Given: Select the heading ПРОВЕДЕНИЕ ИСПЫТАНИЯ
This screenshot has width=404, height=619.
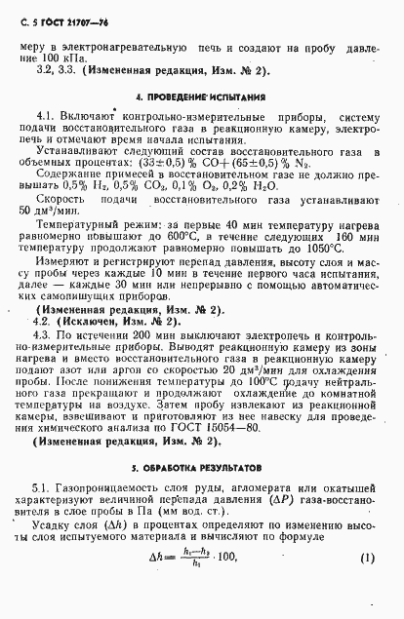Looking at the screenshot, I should (203, 98).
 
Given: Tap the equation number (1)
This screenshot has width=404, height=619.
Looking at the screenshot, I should (368, 585).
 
